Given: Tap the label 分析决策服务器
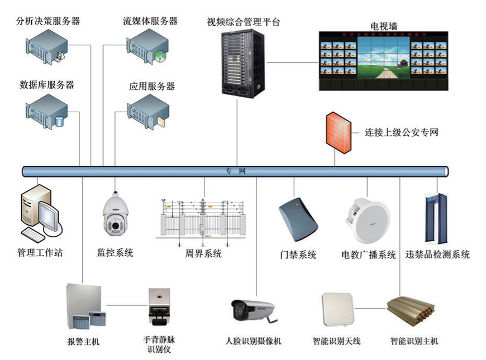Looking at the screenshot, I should tap(48, 21).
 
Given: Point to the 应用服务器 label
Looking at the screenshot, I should tap(152, 87).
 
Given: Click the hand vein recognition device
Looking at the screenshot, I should tap(158, 306).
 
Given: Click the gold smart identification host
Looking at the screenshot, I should tap(411, 313).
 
